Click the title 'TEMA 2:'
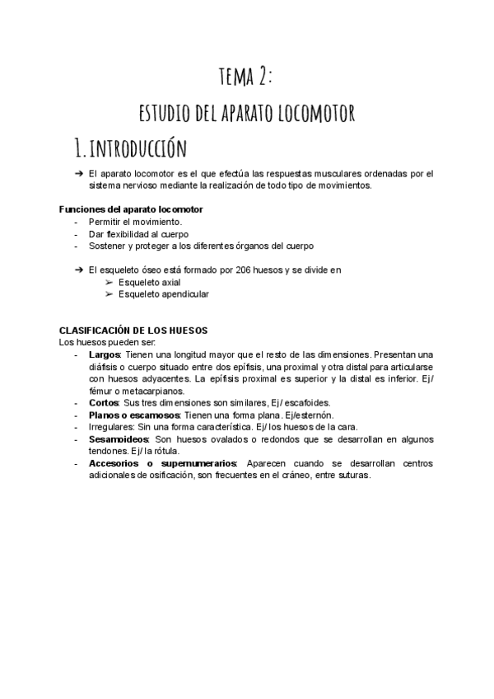pyautogui.click(x=245, y=77)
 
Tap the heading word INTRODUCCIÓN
pyautogui.click(x=148, y=149)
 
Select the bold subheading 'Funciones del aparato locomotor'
pyautogui.click(x=132, y=209)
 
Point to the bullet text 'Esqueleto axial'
pyautogui.click(x=149, y=282)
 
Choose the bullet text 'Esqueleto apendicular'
pyautogui.click(x=163, y=293)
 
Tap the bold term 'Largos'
pyautogui.click(x=105, y=354)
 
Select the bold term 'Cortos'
pyautogui.click(x=104, y=403)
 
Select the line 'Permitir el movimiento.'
pyautogui.click(x=136, y=223)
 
